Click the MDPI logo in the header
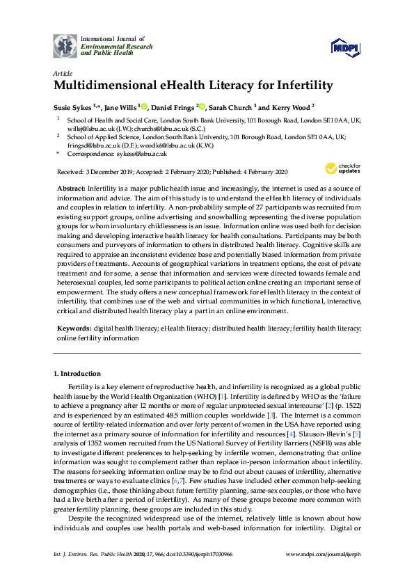(346, 47)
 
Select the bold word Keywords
(73, 326)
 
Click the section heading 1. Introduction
(77, 374)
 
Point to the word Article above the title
(62, 73)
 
